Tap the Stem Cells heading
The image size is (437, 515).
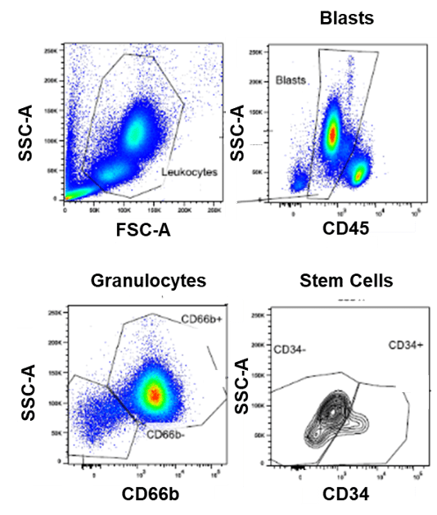coord(346,281)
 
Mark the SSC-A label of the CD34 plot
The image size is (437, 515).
coord(242,386)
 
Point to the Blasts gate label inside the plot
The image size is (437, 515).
coord(291,82)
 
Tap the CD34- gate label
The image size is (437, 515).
coord(290,349)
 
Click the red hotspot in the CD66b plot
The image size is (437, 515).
coord(153,395)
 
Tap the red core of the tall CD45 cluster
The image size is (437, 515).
coord(333,133)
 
